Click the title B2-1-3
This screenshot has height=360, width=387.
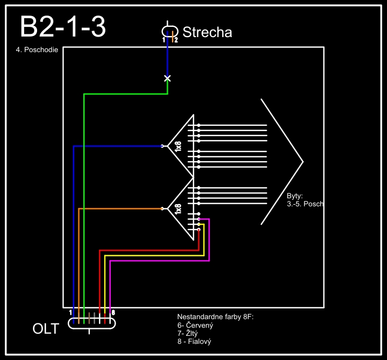click(62, 27)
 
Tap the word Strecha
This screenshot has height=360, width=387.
click(207, 32)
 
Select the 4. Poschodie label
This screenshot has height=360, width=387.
click(37, 53)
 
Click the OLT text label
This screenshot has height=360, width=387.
click(46, 328)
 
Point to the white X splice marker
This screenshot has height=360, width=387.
click(167, 78)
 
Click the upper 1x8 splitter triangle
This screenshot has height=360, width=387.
click(181, 146)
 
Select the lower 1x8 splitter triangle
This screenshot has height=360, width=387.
click(181, 208)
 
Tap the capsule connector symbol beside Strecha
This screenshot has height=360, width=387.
click(170, 31)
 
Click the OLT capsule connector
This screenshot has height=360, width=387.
click(92, 323)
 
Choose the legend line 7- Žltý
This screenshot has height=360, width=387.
click(188, 334)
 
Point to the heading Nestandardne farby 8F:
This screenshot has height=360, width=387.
click(215, 317)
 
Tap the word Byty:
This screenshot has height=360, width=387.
click(295, 196)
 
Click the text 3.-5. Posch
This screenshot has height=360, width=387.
click(305, 204)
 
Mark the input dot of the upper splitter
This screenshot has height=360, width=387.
click(162, 146)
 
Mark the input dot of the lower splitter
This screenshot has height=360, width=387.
click(162, 208)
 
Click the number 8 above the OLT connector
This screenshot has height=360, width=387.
click(113, 312)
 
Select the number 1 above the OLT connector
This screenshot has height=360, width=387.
click(71, 312)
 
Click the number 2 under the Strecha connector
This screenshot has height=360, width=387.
click(176, 40)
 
